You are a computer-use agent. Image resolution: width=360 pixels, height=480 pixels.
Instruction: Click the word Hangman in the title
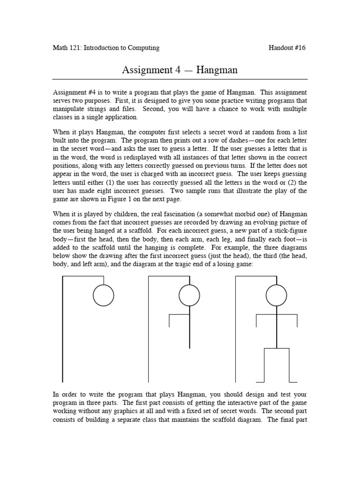[x=217, y=70]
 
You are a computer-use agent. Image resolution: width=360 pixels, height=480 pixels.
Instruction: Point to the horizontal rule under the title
[x=180, y=79]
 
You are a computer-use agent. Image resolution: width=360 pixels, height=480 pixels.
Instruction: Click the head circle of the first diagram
[x=103, y=295]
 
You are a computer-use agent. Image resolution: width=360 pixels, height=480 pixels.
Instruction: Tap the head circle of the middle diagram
[x=189, y=295]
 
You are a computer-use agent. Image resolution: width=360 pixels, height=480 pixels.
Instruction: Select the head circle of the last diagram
[x=276, y=295]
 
